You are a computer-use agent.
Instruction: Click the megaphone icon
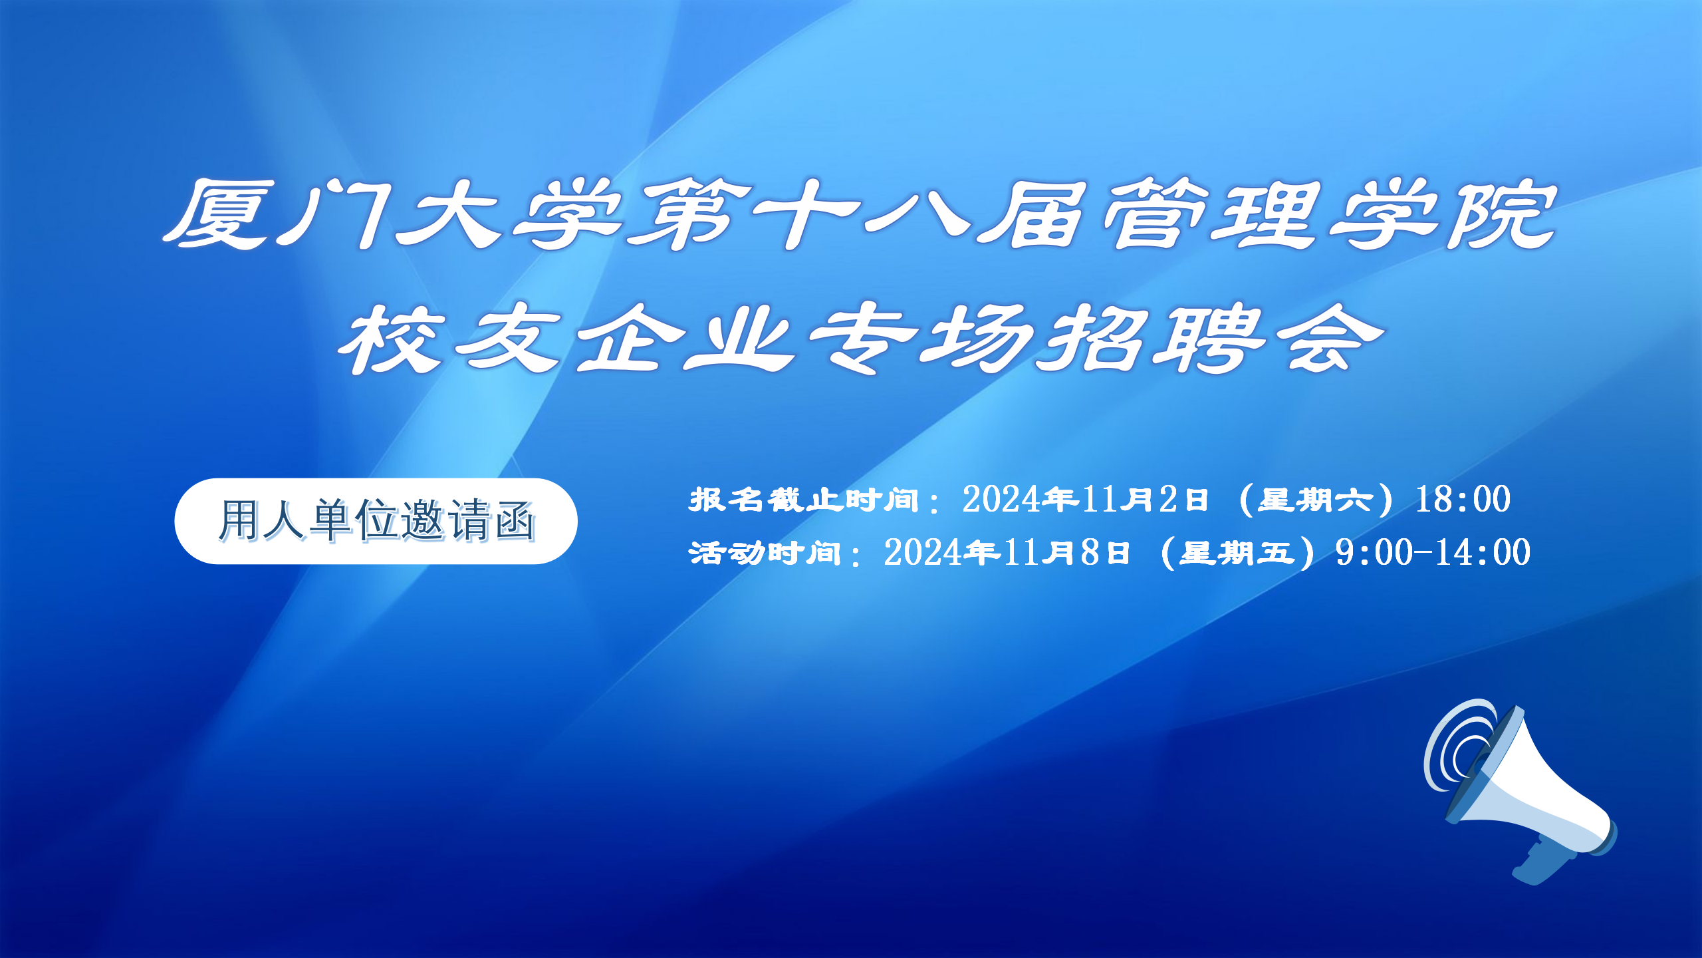point(1522,792)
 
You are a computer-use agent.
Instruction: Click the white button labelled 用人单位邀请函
point(376,521)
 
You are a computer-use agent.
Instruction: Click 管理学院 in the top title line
point(1330,214)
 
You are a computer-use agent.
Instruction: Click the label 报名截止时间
point(804,500)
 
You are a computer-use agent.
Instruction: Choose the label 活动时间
point(765,553)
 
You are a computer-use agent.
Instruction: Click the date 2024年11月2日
point(1085,499)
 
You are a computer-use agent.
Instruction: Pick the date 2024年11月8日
point(1007,552)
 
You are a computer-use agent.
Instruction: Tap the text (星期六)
point(1316,500)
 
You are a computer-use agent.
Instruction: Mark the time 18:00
point(1463,499)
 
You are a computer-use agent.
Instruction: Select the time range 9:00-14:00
point(1433,552)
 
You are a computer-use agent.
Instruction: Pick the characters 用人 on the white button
point(262,520)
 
